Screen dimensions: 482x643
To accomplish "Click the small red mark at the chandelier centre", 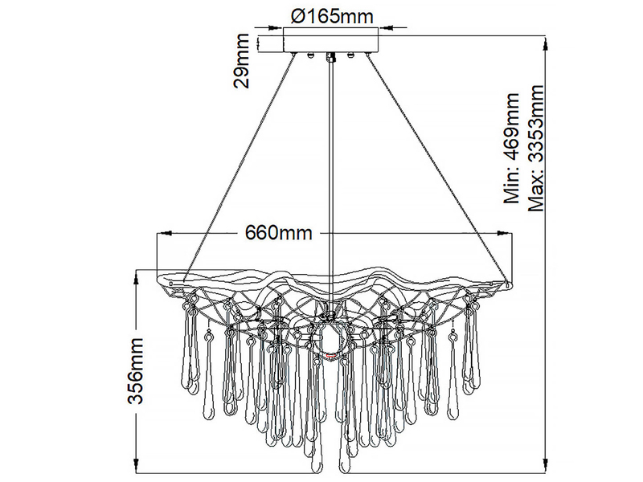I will point(330,355).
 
